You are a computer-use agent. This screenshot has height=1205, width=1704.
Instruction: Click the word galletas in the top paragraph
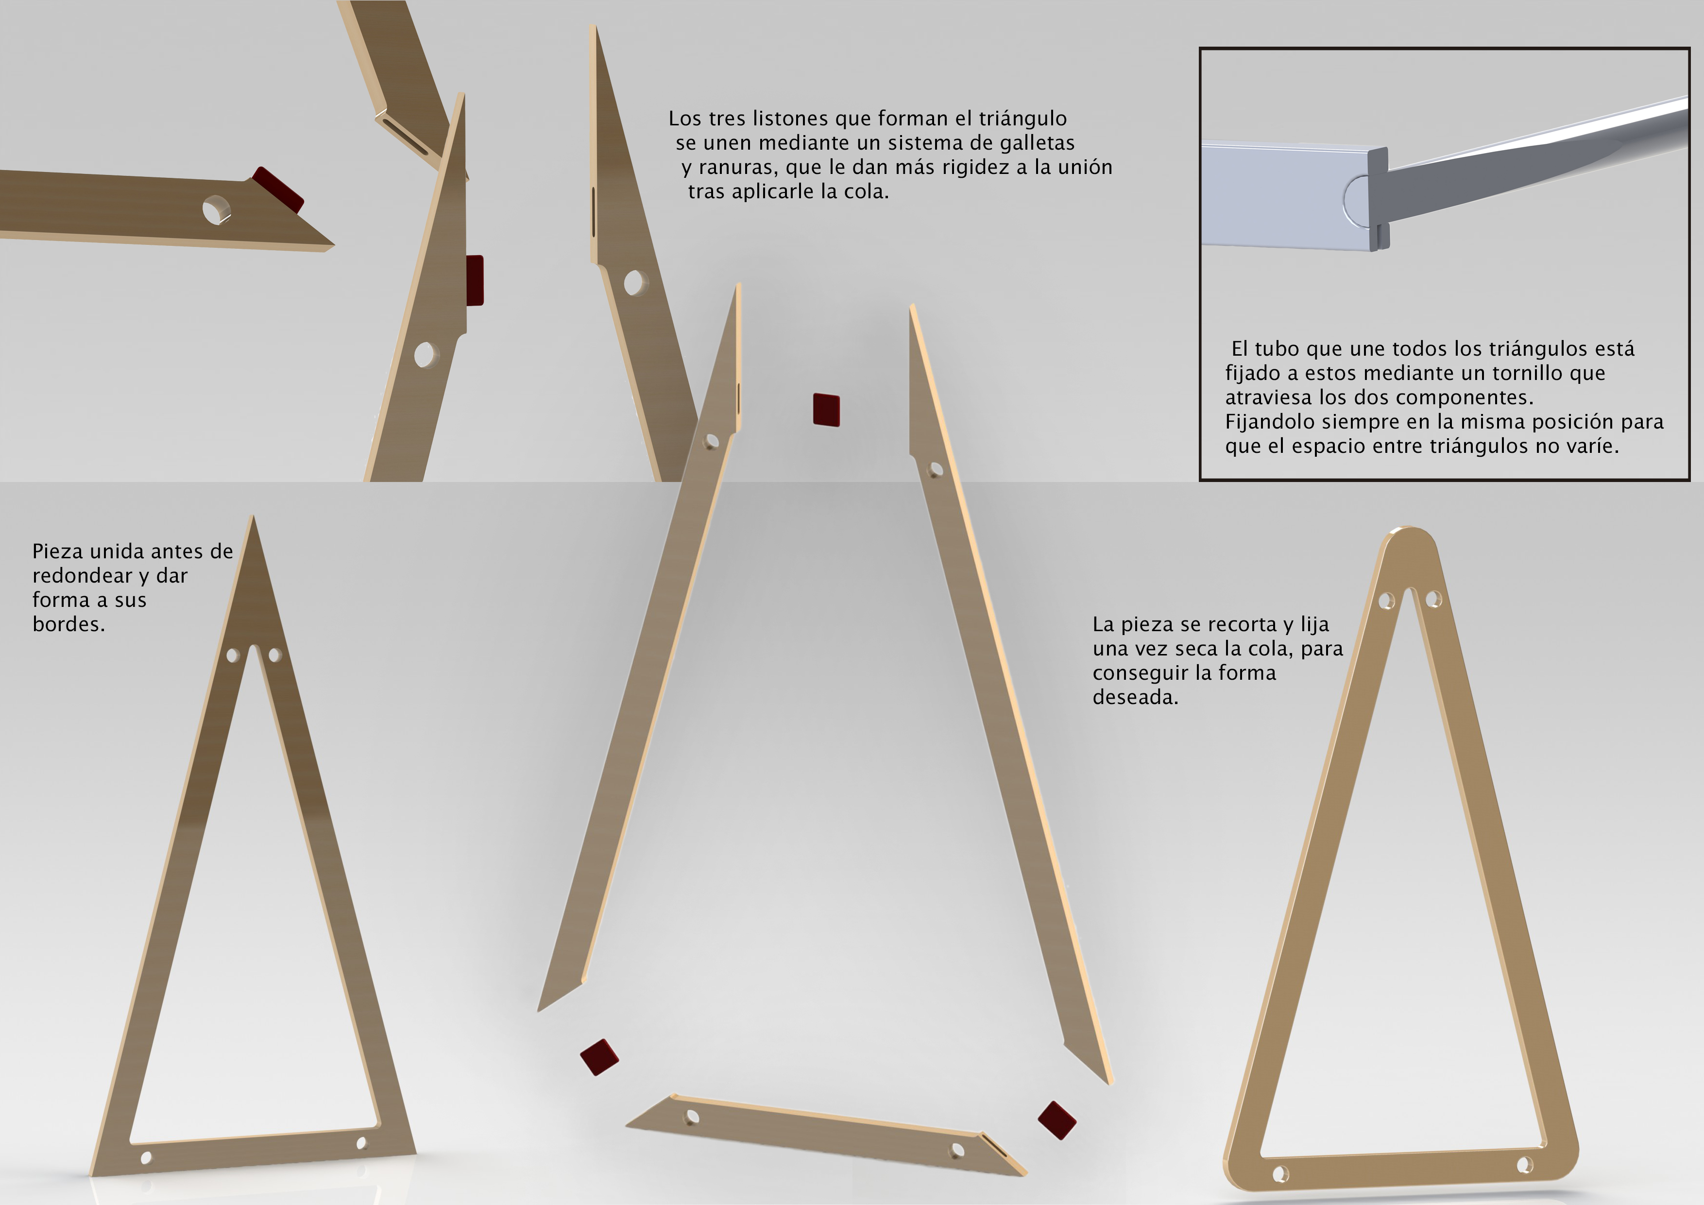[1037, 142]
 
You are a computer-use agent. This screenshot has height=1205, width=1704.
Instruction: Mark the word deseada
[1136, 697]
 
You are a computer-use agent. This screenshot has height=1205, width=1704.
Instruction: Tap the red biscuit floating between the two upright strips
[826, 410]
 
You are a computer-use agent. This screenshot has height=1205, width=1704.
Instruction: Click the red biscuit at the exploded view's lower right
[1057, 1120]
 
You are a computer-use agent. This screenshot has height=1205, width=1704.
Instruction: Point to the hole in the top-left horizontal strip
[217, 210]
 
